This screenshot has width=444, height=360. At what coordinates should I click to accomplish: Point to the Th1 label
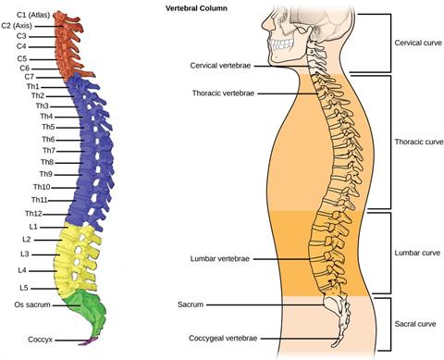tap(34, 87)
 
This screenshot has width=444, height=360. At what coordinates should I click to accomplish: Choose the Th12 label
tap(33, 214)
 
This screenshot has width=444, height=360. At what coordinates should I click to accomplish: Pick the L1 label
tap(33, 227)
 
